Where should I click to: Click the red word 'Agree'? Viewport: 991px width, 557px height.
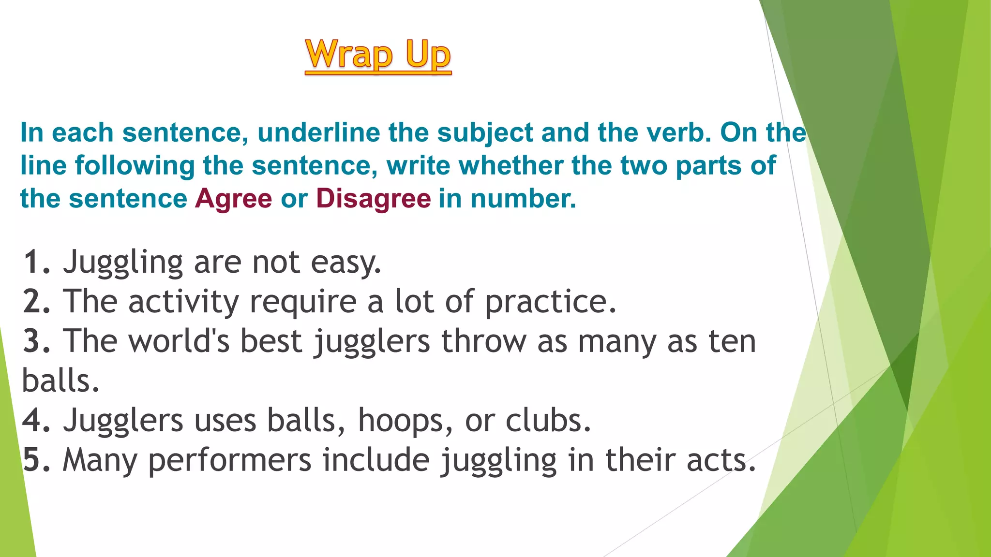pyautogui.click(x=234, y=199)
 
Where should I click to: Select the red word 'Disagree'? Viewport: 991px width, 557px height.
pyautogui.click(x=373, y=199)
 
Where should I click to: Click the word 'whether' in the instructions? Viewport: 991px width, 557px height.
pyautogui.click(x=511, y=166)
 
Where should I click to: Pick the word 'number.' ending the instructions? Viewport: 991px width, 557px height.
pyautogui.click(x=524, y=199)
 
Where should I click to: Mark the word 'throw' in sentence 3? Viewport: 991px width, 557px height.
pyautogui.click(x=484, y=341)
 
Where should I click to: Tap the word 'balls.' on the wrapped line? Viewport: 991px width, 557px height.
pyautogui.click(x=60, y=381)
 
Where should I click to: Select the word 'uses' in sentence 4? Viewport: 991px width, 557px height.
pyautogui.click(x=225, y=421)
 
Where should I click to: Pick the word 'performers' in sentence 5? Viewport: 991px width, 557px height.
pyautogui.click(x=230, y=460)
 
